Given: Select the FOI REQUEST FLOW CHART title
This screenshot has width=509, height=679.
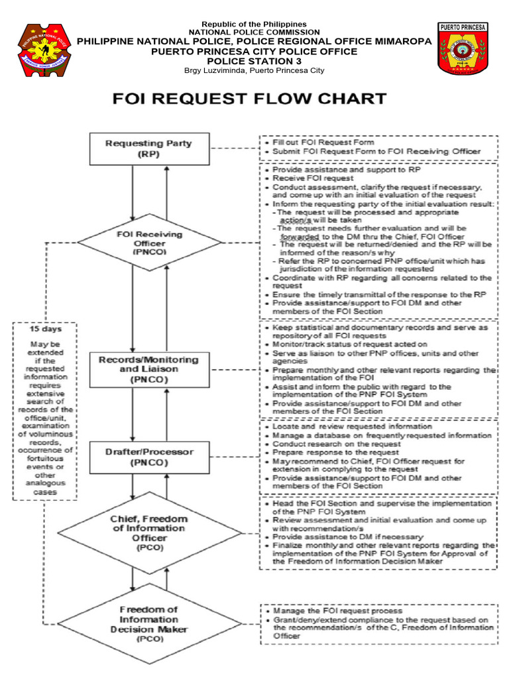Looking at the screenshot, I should (x=249, y=99).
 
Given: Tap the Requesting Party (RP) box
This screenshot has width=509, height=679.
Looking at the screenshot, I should (x=150, y=148).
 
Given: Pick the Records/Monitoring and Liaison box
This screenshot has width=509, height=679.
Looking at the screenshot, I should (x=150, y=369).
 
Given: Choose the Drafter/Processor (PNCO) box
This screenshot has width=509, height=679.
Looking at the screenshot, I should (x=150, y=458).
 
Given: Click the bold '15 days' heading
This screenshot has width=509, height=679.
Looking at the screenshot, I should (x=44, y=329).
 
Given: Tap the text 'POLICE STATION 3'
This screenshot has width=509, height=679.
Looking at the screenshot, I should (x=254, y=61).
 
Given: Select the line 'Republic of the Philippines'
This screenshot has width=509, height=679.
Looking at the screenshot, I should (x=254, y=24).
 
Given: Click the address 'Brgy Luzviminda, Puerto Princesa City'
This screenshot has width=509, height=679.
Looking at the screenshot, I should (x=254, y=70).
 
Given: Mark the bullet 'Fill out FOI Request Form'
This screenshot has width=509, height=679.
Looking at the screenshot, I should (x=319, y=143).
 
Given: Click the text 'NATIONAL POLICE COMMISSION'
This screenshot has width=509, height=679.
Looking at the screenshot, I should (x=254, y=32).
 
